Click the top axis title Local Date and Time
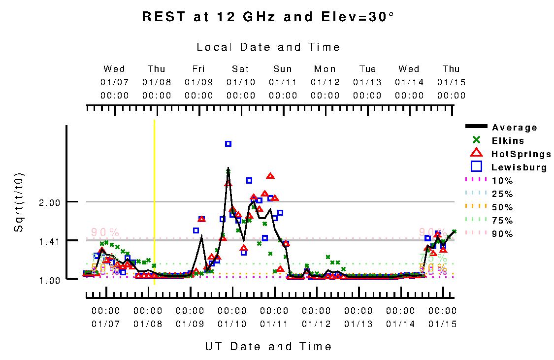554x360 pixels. [x=268, y=47]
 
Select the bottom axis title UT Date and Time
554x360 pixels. [x=268, y=347]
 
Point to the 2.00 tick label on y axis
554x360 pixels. [x=49, y=202]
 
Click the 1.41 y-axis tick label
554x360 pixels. [x=49, y=241]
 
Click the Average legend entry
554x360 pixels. [x=515, y=128]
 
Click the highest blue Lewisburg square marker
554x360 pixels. [x=228, y=144]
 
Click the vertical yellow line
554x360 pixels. [x=155, y=197]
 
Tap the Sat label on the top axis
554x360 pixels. [x=241, y=69]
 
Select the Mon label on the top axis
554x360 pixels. [x=325, y=69]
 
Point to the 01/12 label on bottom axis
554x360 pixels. [x=316, y=324]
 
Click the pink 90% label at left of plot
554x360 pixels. [x=105, y=232]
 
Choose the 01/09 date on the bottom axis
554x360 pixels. [x=190, y=324]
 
